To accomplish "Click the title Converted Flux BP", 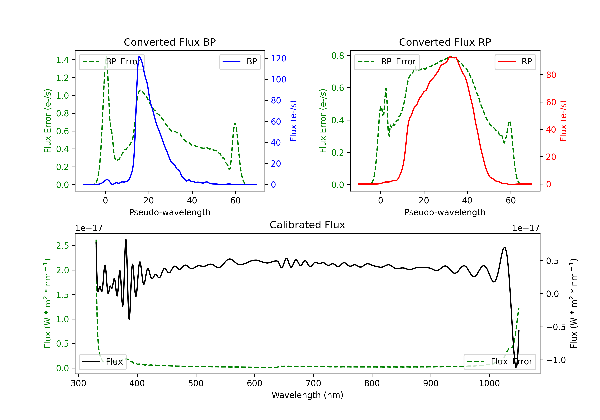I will point(170,42).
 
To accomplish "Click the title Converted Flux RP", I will point(445,42).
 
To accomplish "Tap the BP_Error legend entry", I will point(112,62).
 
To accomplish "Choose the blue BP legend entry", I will point(240,62).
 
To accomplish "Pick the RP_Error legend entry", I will point(387,62).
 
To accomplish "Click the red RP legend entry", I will point(515,62).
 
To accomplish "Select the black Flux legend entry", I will point(102,362).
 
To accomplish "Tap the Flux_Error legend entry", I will point(500,362).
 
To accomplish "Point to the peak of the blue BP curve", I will point(139,57).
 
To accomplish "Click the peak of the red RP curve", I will point(450,57).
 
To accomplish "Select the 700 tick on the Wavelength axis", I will point(313,383).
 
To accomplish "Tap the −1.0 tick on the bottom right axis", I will point(556,360).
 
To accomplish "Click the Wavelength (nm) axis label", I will point(307,395).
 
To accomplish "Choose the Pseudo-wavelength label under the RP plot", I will point(445,212).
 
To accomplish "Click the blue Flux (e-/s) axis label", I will point(293,121).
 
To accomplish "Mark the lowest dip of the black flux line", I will point(516,367).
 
